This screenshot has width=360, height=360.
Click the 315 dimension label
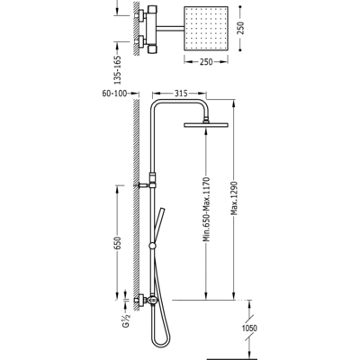point(181,94)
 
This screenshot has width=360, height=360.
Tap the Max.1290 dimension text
point(234,198)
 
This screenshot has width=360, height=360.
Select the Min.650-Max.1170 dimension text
point(206,210)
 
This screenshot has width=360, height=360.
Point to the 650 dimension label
point(118,243)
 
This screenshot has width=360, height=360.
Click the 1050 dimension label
point(249,328)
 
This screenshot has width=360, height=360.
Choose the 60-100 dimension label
point(114,94)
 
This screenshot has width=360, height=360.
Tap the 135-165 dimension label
point(118,69)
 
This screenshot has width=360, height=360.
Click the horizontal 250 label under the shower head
point(206,62)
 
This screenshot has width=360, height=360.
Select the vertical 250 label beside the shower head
point(241,28)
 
